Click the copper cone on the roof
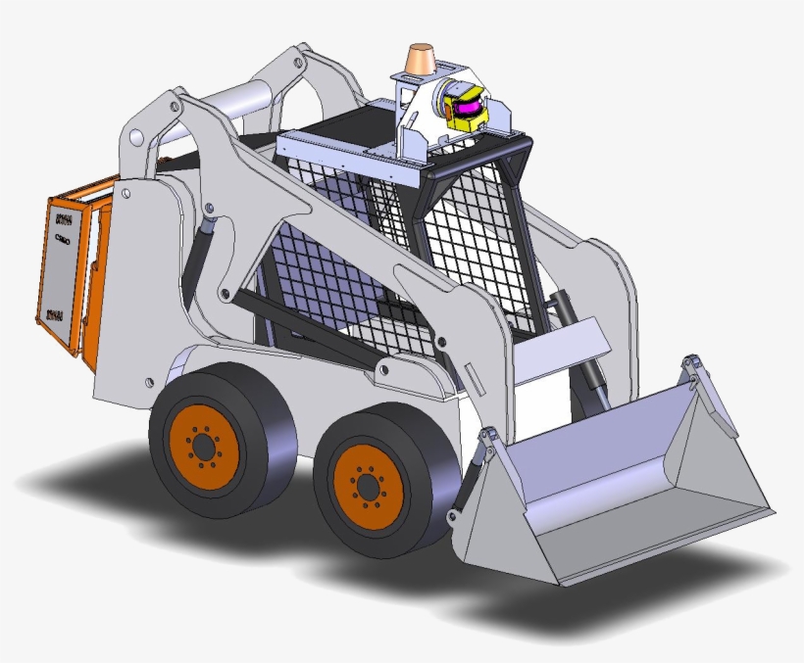(423, 57)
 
